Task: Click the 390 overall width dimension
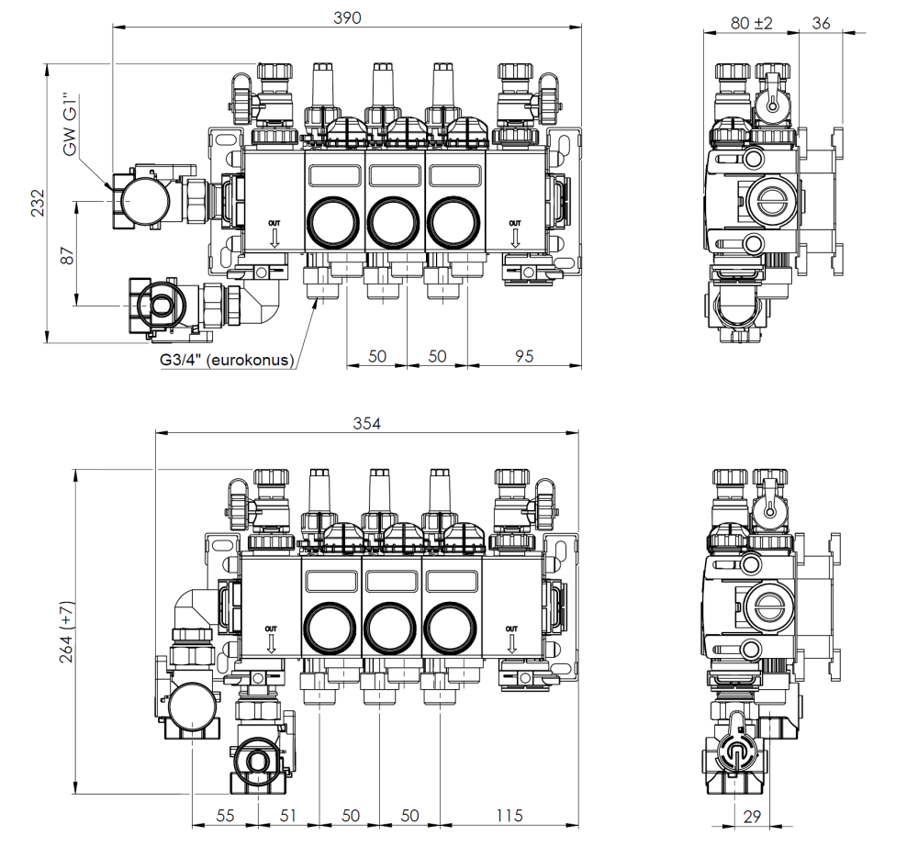tap(347, 17)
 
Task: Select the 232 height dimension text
tap(37, 203)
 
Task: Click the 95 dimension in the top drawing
tap(523, 356)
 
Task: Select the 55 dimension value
tap(225, 815)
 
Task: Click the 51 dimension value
tap(287, 815)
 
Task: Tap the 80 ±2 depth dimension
tap(751, 23)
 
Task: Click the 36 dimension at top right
tap(821, 23)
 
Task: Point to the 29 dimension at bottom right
tap(751, 815)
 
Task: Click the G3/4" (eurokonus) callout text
tap(225, 361)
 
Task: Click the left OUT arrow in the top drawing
tap(274, 235)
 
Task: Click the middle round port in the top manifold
tap(392, 221)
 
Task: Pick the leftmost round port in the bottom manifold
tap(328, 628)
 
